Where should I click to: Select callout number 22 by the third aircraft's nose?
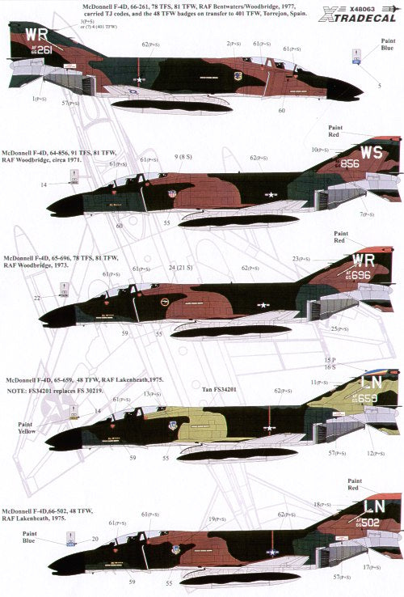click(x=40, y=298)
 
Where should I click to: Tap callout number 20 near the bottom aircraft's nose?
click(x=94, y=538)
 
